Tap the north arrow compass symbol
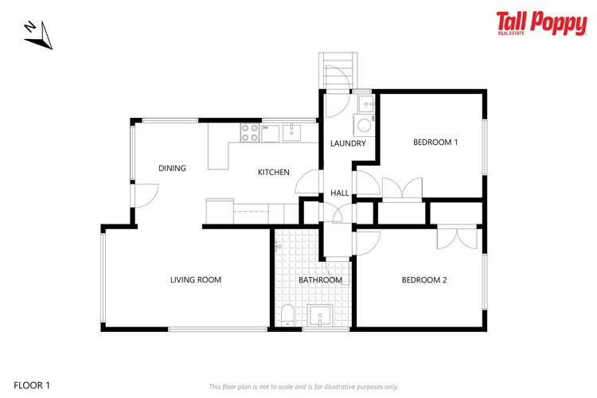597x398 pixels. pyautogui.click(x=37, y=34)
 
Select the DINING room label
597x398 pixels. pyautogui.click(x=172, y=168)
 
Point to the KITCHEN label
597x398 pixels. pyautogui.click(x=273, y=172)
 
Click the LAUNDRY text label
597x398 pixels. pyautogui.click(x=348, y=144)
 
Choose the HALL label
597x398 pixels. pyautogui.click(x=339, y=193)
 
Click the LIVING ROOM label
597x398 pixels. pyautogui.click(x=196, y=279)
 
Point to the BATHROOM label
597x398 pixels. pyautogui.click(x=320, y=280)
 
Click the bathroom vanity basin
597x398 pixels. pyautogui.click(x=321, y=316)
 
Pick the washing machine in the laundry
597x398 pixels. pyautogui.click(x=364, y=125)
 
